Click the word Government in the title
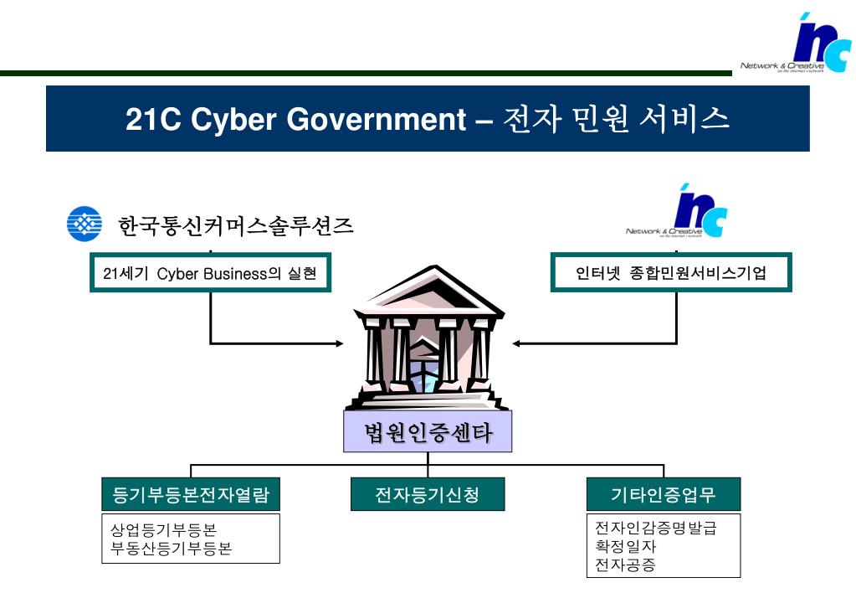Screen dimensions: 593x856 pos(377,119)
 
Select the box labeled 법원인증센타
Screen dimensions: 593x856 pos(428,432)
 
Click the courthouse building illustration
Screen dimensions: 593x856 pos(428,339)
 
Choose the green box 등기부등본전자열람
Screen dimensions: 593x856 pos(191,494)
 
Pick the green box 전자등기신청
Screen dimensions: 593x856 pos(428,494)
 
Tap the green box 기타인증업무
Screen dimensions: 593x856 pos(664,494)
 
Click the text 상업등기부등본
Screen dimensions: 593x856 pos(164,530)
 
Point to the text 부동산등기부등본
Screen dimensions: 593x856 pos(172,549)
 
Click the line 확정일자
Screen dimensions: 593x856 pos(625,547)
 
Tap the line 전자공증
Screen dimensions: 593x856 pos(625,565)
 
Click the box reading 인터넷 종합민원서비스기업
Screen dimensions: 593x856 pos(671,272)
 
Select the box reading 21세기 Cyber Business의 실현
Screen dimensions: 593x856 pos(210,272)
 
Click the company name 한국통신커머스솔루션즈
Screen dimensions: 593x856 pos(236,225)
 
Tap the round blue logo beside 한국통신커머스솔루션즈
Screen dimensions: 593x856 pos(85,224)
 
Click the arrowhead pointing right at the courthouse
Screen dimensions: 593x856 pos(339,343)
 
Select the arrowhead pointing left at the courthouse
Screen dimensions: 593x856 pos(518,343)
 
